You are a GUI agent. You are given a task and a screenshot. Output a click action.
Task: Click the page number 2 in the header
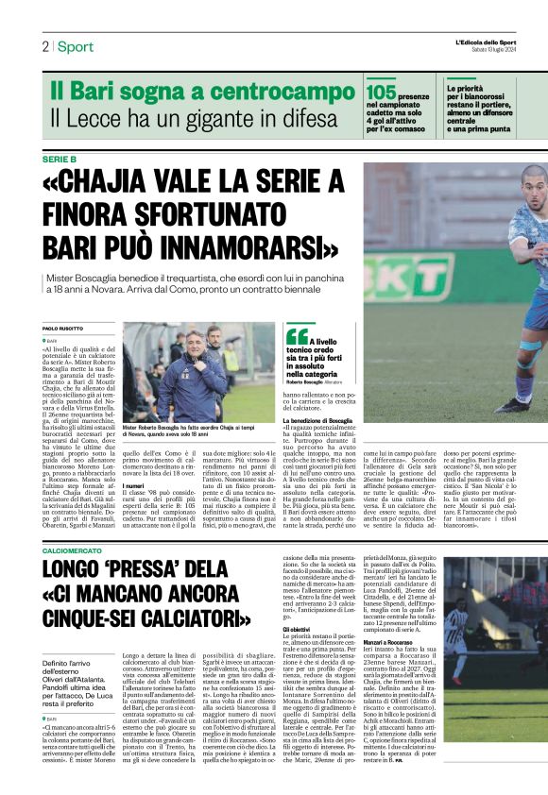(x=44, y=47)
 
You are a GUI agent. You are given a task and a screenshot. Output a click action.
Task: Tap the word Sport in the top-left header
(x=76, y=47)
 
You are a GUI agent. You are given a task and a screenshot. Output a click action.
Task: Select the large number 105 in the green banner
(x=381, y=91)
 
